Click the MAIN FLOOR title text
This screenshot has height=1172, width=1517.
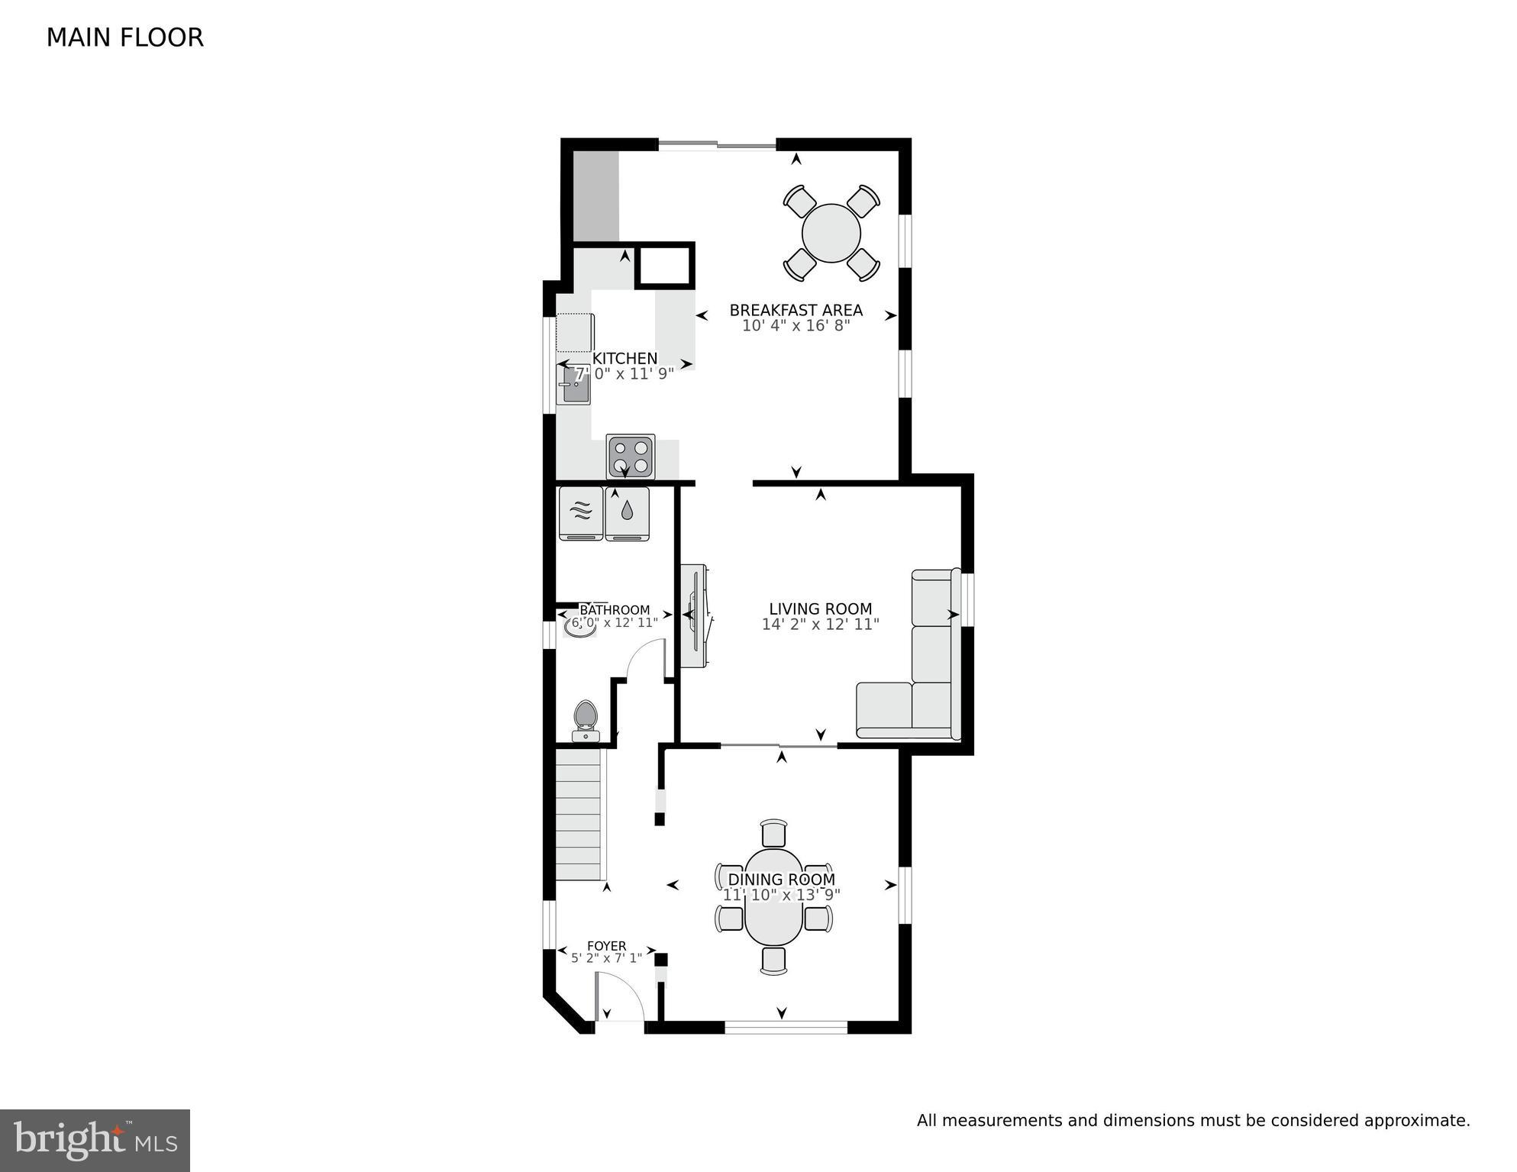point(124,38)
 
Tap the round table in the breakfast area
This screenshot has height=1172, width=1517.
point(831,233)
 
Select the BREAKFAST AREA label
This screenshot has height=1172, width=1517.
point(796,310)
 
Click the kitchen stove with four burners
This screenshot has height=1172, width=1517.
point(631,457)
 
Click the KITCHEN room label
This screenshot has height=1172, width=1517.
point(625,358)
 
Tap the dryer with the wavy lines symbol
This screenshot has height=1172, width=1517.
point(581,514)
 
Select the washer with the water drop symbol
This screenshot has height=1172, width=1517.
point(627,514)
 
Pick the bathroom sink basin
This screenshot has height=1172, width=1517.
point(580,626)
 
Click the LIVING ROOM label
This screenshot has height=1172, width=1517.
point(820,609)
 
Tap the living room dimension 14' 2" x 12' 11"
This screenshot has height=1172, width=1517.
point(820,625)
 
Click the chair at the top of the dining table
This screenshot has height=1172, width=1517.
point(773,833)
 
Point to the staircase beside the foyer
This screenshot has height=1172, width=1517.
point(579,814)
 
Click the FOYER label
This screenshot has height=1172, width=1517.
point(606,945)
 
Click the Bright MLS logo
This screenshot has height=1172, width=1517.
point(95,1140)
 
